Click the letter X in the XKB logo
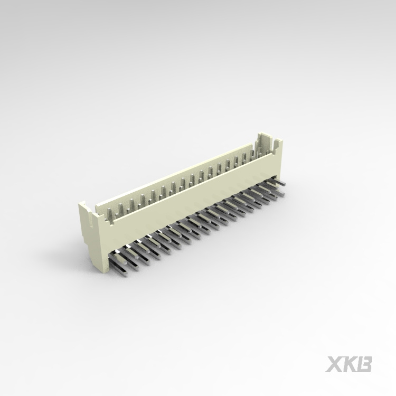333,364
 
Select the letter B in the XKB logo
364,364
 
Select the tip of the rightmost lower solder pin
282,194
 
